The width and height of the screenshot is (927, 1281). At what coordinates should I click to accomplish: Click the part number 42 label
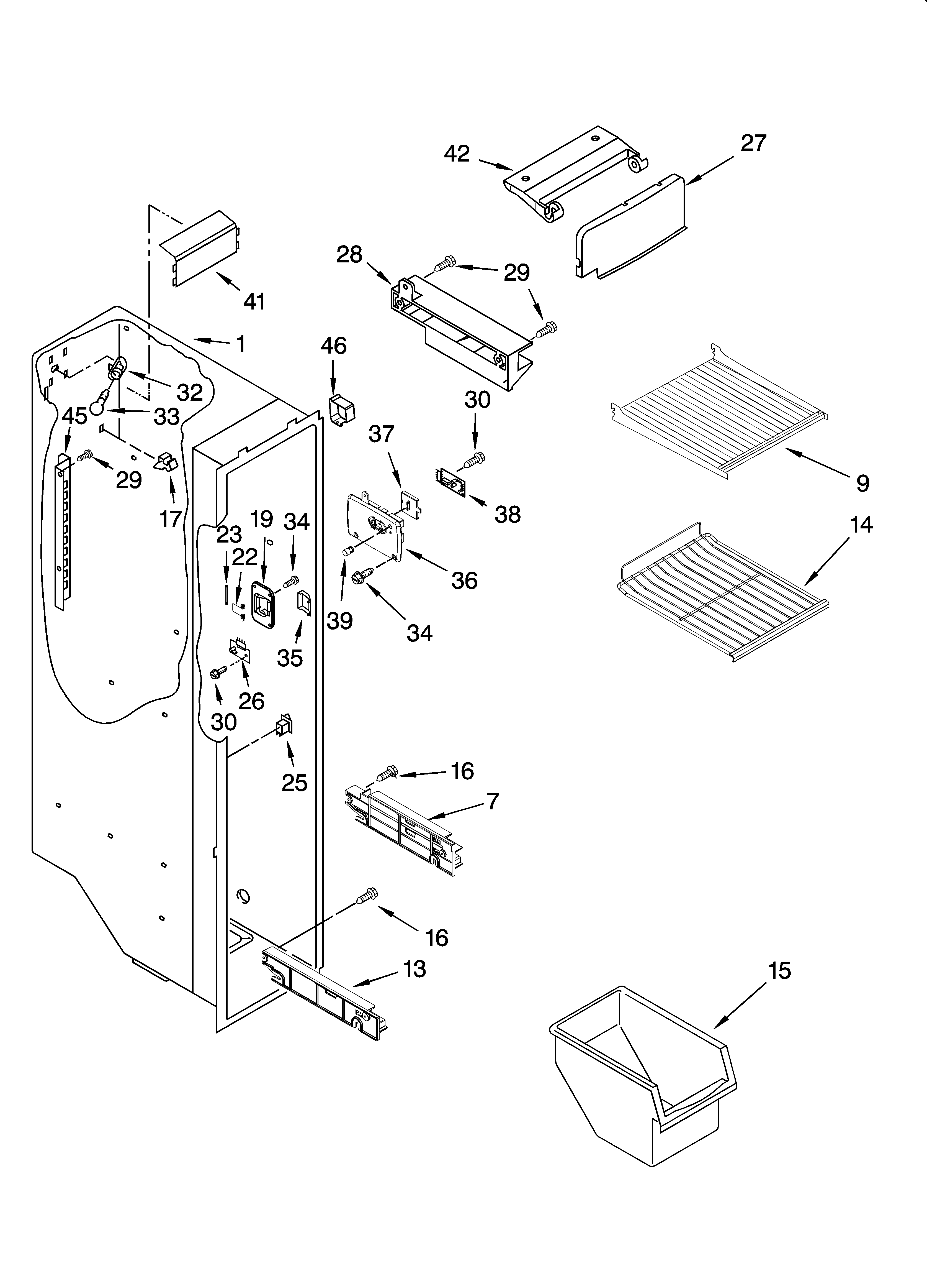[457, 154]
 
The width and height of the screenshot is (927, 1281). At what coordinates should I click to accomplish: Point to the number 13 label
[414, 969]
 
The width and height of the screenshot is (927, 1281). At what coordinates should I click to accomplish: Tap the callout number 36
[464, 580]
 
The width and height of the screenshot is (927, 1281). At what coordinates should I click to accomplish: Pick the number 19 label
[261, 518]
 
